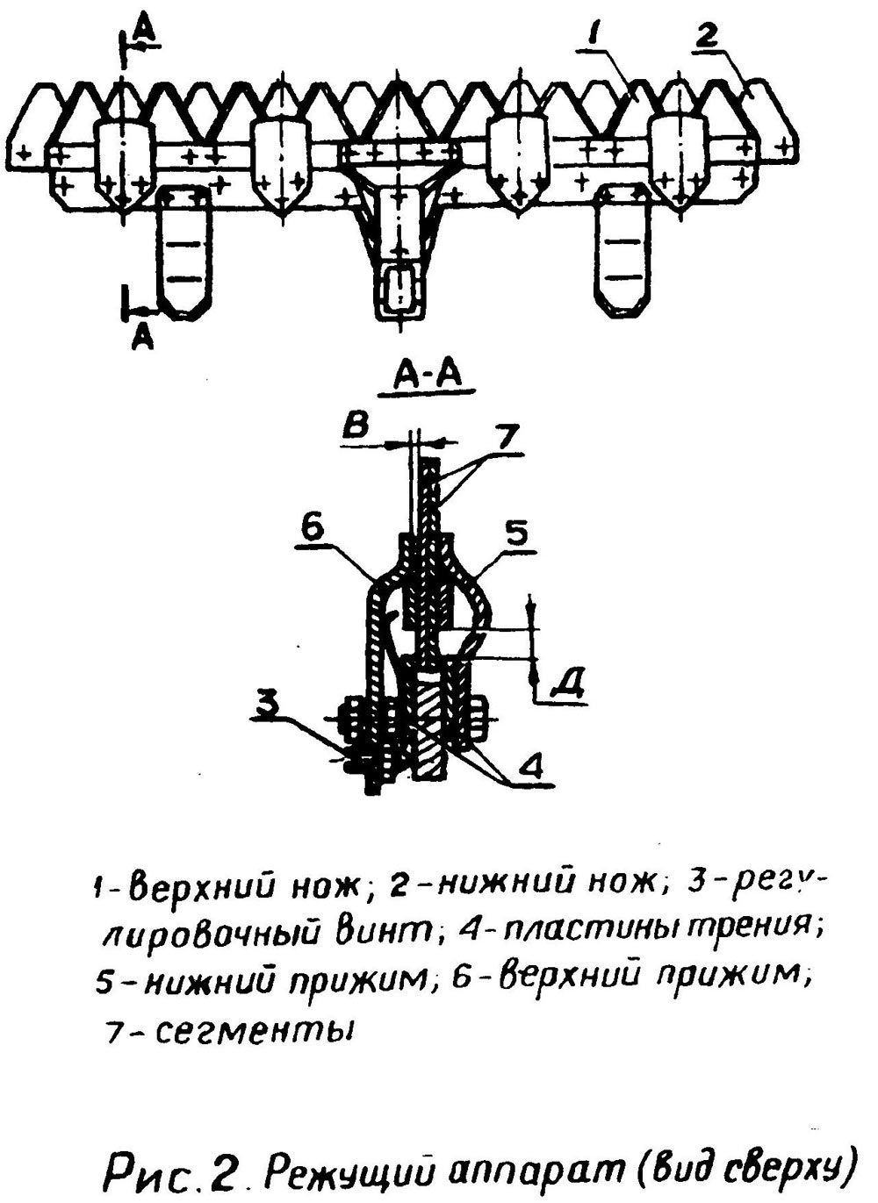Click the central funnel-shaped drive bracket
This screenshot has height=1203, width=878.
point(400,226)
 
